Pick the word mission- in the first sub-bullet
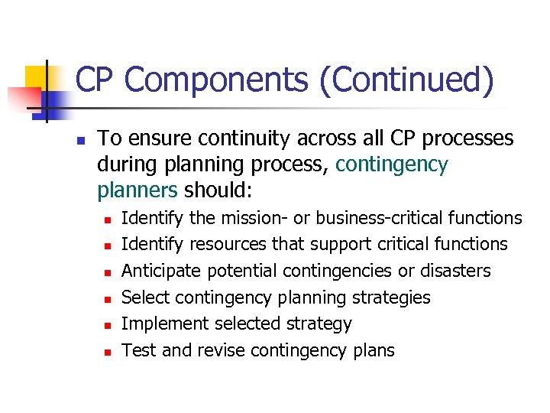coord(256,218)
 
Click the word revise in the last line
coord(222,351)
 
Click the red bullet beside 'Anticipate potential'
coord(108,272)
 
